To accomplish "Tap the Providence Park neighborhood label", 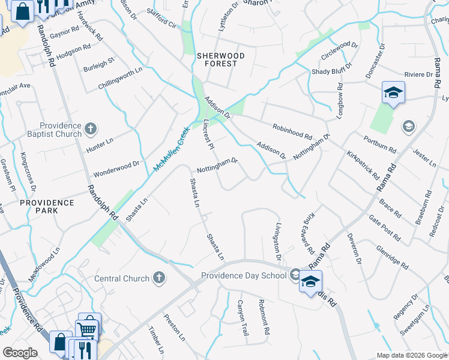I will (47, 206).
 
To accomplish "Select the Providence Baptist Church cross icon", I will (91, 128).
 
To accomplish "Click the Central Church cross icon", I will (158, 278).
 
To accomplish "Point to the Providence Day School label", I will (243, 275).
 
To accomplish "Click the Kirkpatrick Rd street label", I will (363, 166).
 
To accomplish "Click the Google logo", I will (20, 353).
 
